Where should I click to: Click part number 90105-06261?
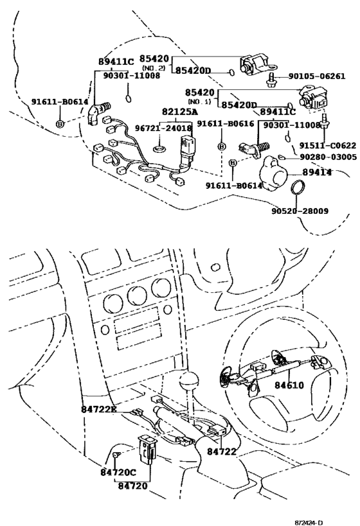(x=317, y=76)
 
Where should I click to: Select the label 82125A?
(x=179, y=112)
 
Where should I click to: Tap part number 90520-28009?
(x=300, y=211)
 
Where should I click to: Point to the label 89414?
(x=317, y=172)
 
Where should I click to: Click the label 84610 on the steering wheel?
(x=289, y=385)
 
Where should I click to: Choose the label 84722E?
(x=99, y=409)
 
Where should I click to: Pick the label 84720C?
(x=118, y=472)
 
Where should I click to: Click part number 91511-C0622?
(x=327, y=146)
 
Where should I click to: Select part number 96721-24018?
(x=163, y=128)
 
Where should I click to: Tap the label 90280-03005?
(x=328, y=157)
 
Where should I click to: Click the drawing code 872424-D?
(x=309, y=523)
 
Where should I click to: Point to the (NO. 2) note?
(x=154, y=68)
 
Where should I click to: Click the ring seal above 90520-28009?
(x=296, y=187)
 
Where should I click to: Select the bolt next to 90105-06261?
(x=271, y=80)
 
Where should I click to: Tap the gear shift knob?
(x=189, y=380)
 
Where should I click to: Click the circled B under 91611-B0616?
(x=222, y=146)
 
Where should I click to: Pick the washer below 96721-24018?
(x=160, y=148)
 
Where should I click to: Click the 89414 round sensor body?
(x=274, y=174)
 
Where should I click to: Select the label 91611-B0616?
(x=226, y=124)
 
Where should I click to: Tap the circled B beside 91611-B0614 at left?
(x=60, y=124)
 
